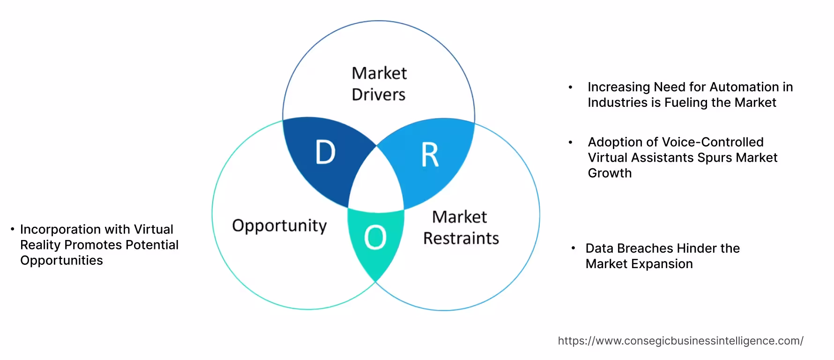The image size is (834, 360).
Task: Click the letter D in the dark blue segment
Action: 325,152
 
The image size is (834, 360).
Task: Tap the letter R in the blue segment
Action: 430,155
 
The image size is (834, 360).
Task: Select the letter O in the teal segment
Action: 375,238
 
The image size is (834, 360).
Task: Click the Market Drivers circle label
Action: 379,84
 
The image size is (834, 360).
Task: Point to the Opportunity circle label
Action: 279,226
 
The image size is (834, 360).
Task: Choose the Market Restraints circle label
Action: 461,228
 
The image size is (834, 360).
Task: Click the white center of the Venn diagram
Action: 376,183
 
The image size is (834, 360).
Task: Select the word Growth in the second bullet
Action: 610,173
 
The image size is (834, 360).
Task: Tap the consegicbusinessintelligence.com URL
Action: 680,341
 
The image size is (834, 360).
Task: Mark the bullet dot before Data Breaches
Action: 573,248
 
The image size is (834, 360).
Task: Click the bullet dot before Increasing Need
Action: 570,87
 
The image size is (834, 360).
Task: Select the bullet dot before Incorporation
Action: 13,229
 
